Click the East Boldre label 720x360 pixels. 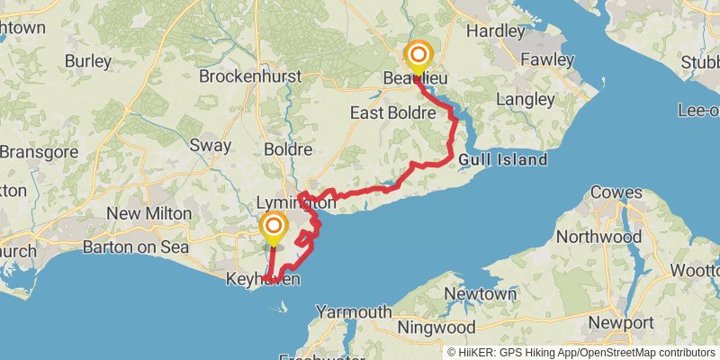pyautogui.click(x=393, y=113)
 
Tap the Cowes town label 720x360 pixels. pyautogui.click(x=616, y=193)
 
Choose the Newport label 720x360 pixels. pyautogui.click(x=620, y=322)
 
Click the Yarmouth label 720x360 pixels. pyautogui.click(x=353, y=312)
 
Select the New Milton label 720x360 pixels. pyautogui.click(x=149, y=213)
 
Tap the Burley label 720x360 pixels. pyautogui.click(x=88, y=62)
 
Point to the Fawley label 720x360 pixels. pyautogui.click(x=547, y=59)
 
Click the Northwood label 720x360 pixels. pyautogui.click(x=598, y=237)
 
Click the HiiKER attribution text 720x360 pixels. pyautogui.click(x=580, y=352)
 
